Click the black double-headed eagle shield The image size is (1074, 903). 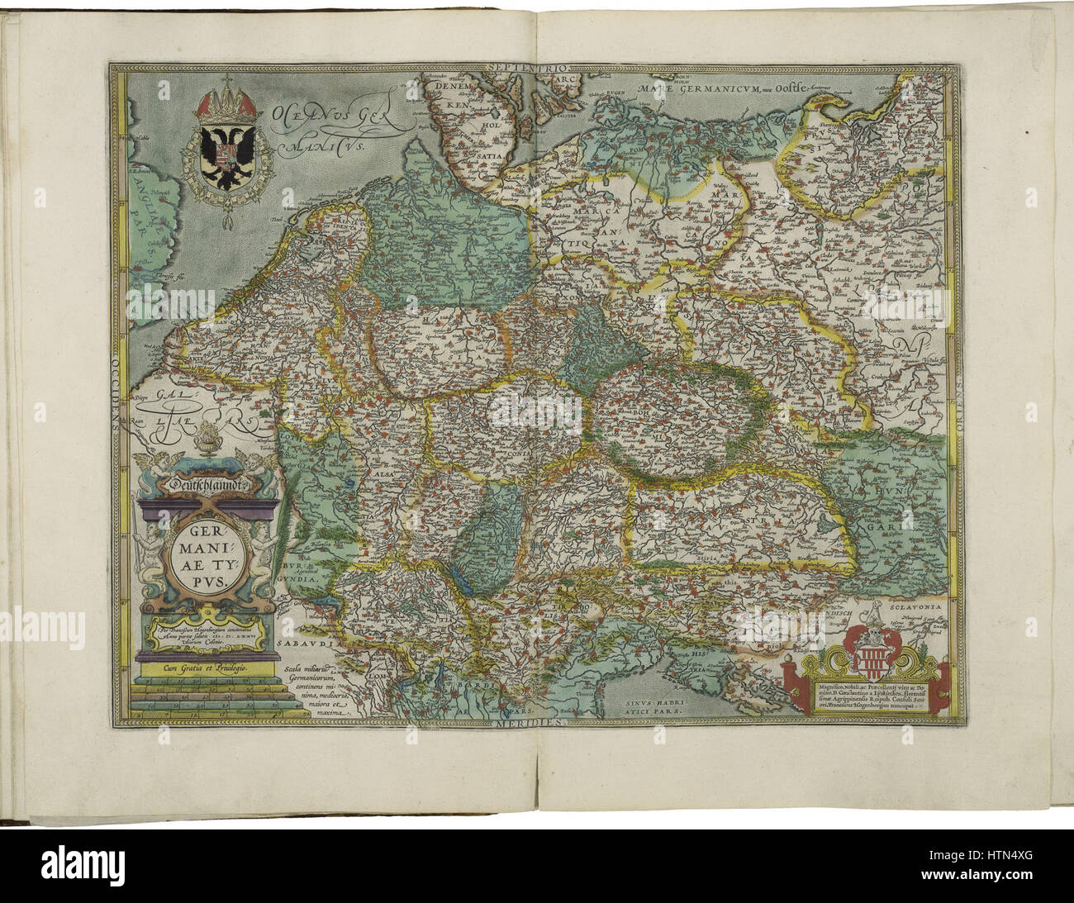[x=223, y=151]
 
